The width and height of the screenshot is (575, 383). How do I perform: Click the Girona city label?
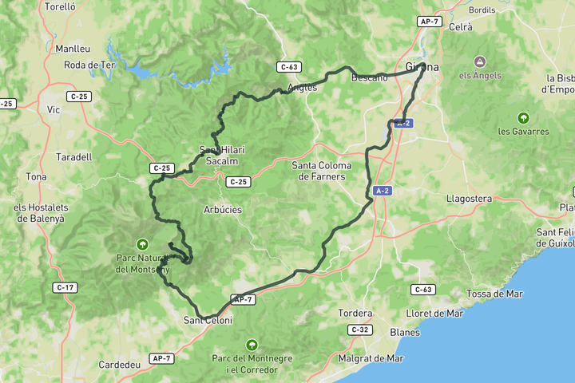422,67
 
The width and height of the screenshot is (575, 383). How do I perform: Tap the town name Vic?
54,109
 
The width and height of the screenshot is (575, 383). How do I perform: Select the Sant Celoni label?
208,320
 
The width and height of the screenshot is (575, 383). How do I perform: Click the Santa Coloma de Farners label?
318,171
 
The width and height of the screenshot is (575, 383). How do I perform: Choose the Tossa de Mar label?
494,294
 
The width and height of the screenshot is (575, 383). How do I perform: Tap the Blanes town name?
405,333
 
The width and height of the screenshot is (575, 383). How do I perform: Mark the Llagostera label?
470,198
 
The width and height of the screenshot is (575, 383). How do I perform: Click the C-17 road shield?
65,286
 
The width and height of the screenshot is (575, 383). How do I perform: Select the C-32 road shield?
359,330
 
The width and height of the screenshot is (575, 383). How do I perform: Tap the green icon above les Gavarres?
523,118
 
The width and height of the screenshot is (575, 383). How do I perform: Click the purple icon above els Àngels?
480,61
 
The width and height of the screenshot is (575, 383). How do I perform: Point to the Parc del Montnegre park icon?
252,345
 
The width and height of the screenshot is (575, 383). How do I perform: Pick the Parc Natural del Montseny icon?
142,244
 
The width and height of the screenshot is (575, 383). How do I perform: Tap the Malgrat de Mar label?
372,358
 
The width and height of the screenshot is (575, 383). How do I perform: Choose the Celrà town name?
461,26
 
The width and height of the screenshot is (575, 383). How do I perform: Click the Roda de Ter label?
89,65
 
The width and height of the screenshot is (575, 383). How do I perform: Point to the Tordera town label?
355,313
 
